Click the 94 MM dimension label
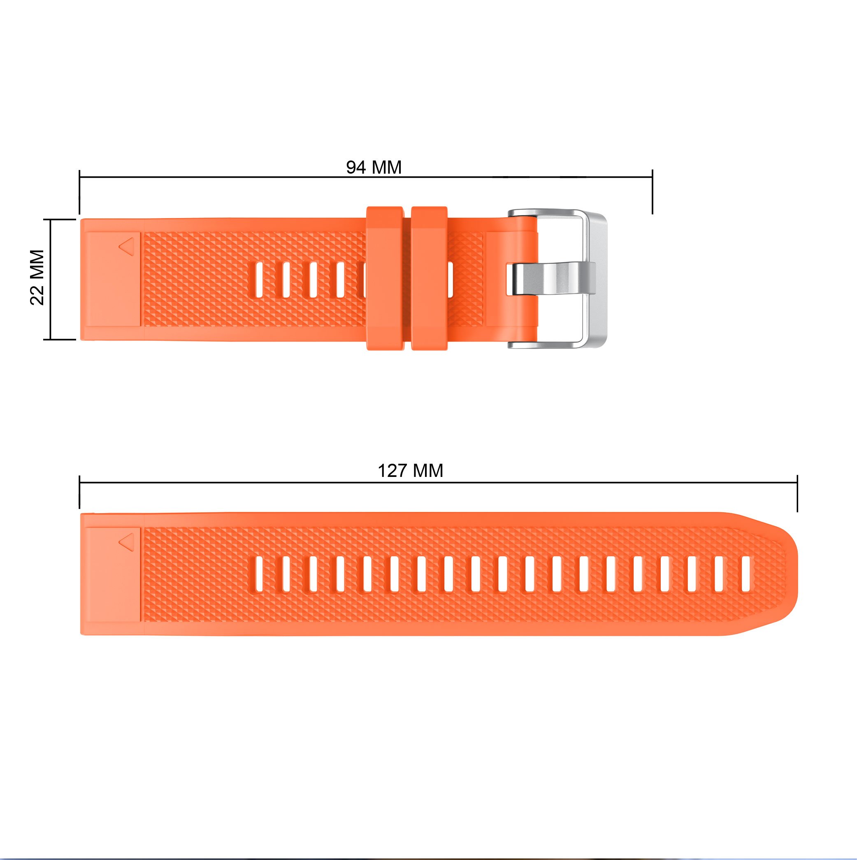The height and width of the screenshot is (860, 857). [374, 167]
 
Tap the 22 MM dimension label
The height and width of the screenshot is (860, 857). [37, 277]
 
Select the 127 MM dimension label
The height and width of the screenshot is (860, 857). [410, 470]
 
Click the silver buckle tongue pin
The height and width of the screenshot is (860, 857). [551, 278]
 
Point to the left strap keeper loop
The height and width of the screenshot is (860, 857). [385, 278]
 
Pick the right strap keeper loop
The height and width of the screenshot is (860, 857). [430, 278]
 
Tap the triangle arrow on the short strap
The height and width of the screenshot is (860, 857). [127, 246]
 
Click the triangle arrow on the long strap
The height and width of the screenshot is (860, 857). [127, 542]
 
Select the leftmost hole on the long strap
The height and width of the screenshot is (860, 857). [259, 574]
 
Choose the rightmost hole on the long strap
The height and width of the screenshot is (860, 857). [746, 574]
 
